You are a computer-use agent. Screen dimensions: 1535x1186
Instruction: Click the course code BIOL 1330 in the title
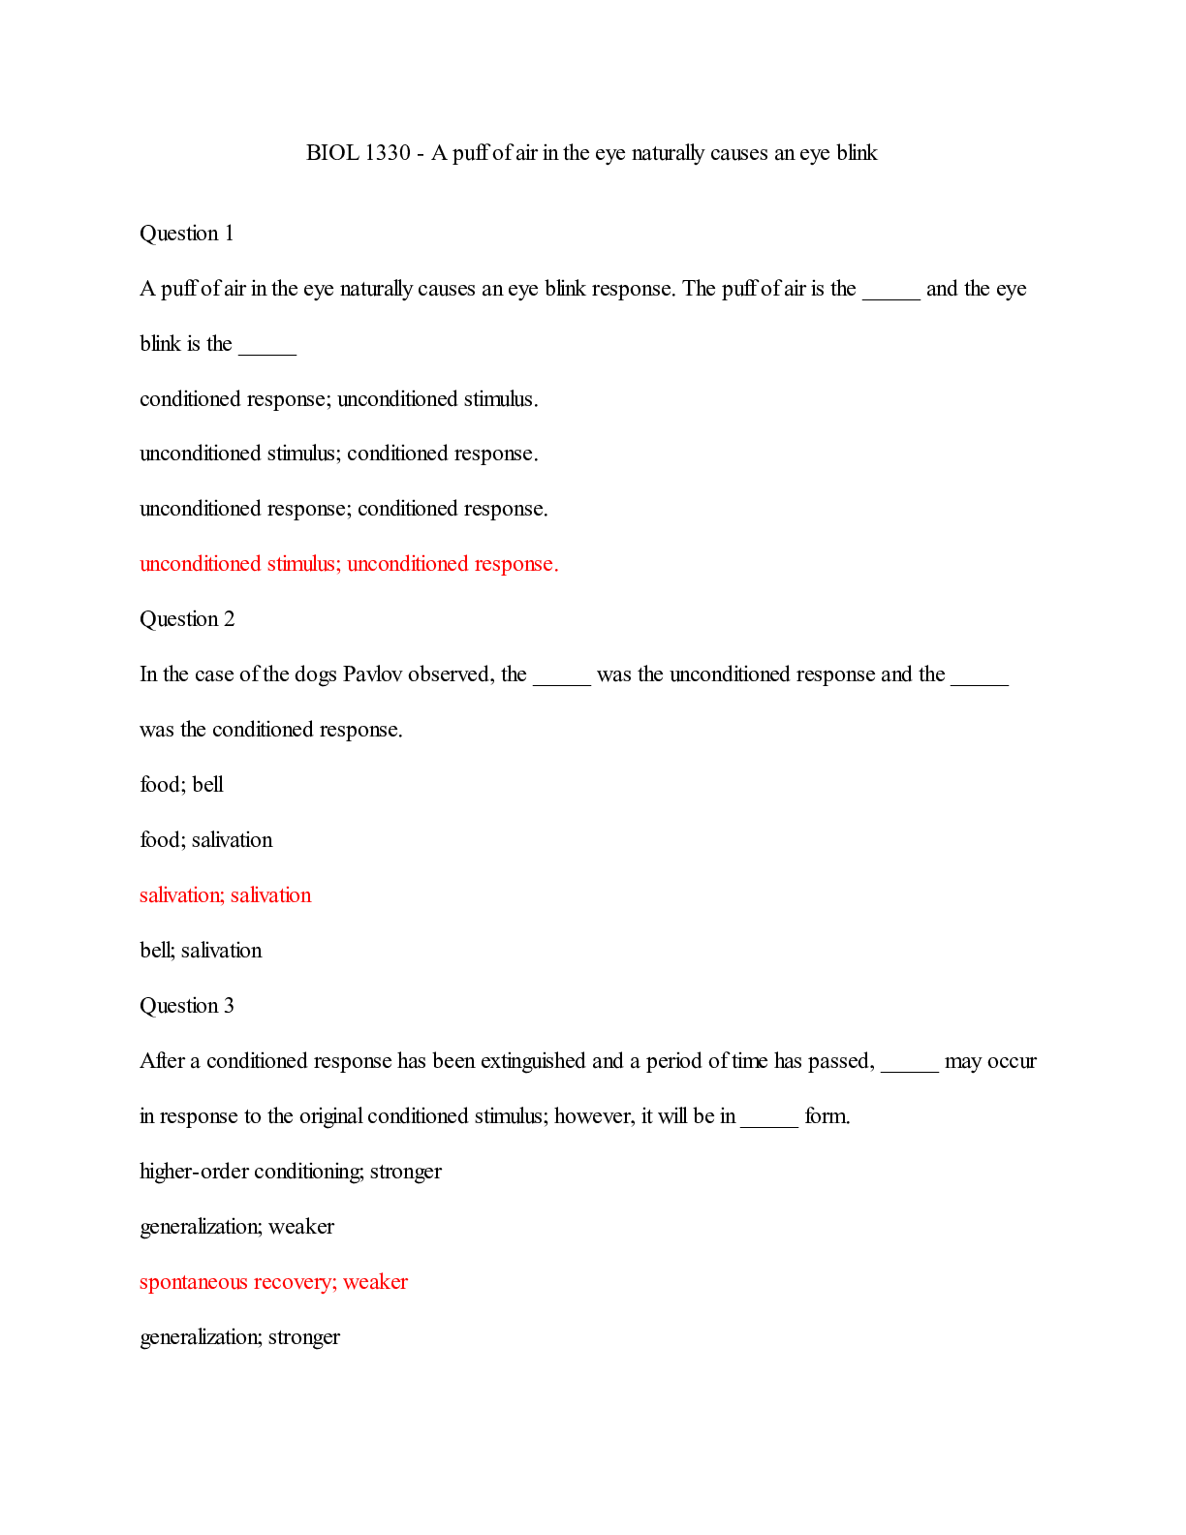(358, 153)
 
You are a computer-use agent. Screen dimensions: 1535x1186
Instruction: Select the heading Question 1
(187, 234)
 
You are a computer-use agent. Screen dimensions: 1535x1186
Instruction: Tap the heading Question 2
(187, 619)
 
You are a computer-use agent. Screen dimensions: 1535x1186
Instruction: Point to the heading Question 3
(187, 1006)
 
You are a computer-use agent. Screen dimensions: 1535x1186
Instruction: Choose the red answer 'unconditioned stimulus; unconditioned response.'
(349, 564)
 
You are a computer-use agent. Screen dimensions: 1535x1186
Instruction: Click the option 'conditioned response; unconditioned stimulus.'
(338, 399)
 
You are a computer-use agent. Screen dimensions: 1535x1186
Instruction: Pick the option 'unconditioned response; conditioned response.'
(343, 509)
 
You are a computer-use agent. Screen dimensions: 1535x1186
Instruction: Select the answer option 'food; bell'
(181, 785)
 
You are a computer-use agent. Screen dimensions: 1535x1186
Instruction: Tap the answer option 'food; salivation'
(205, 840)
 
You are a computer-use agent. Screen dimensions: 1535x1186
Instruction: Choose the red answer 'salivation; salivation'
(225, 895)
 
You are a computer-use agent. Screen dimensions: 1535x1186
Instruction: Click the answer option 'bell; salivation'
(201, 951)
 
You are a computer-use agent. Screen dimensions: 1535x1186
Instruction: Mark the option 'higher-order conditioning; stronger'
(290, 1172)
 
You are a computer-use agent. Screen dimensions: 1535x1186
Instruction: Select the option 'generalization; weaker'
(236, 1227)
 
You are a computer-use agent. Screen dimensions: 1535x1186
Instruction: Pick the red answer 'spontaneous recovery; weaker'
(273, 1282)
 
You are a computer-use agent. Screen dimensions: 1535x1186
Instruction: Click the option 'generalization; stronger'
(239, 1337)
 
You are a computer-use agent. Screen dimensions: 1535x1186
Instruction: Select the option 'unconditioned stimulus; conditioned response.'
(338, 454)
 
